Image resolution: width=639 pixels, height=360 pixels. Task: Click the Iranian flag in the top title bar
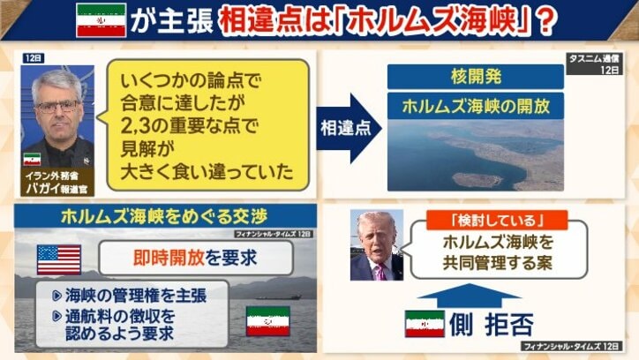(x=101, y=20)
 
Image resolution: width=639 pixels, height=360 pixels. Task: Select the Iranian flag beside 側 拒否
(x=425, y=324)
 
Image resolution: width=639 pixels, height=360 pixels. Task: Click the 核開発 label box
(x=475, y=77)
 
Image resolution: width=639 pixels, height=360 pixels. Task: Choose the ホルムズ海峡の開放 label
(x=475, y=106)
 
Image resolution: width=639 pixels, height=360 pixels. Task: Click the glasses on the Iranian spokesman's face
(x=56, y=105)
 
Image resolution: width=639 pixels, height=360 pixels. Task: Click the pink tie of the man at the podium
(x=380, y=268)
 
